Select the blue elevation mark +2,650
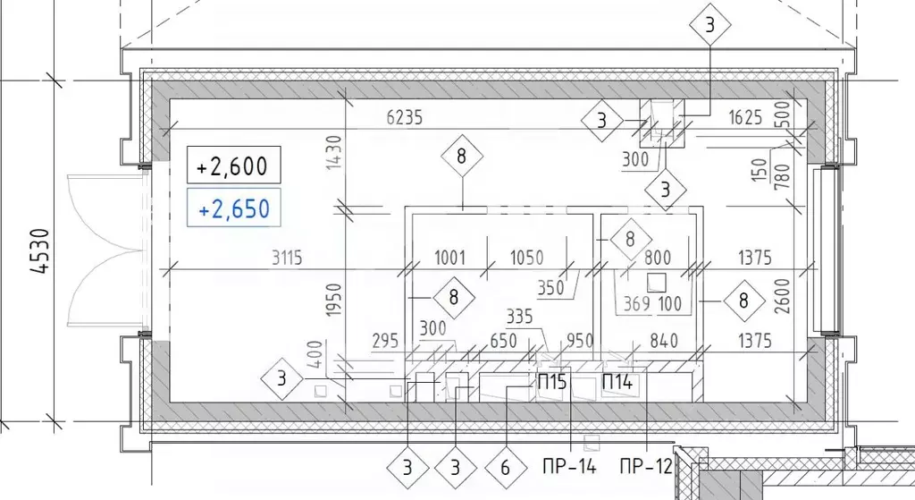click(233, 208)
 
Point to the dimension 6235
click(405, 117)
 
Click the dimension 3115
click(287, 258)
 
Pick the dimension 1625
click(745, 117)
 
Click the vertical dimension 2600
click(782, 296)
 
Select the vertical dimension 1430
click(333, 152)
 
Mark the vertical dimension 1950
click(333, 301)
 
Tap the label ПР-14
click(569, 467)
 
